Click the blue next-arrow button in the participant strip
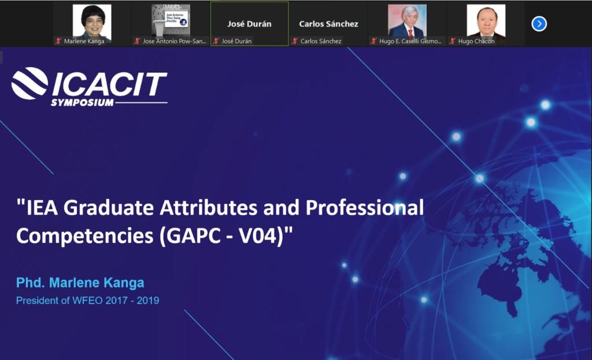(539, 24)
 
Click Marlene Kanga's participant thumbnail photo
(92, 21)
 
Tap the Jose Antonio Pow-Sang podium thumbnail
(171, 21)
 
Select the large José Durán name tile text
(249, 24)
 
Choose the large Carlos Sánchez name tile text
(328, 24)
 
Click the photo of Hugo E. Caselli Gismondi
(407, 21)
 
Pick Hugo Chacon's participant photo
(486, 21)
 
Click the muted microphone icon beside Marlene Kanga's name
(58, 41)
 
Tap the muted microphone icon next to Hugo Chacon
(452, 41)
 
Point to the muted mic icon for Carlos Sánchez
(294, 41)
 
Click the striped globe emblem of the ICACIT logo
(29, 83)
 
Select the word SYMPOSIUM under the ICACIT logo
(82, 103)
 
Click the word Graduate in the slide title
(108, 207)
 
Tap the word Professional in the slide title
(365, 207)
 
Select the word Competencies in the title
(85, 236)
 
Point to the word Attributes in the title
(209, 207)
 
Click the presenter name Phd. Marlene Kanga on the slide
(80, 283)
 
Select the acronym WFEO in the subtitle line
(87, 300)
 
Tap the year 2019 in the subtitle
(147, 300)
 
